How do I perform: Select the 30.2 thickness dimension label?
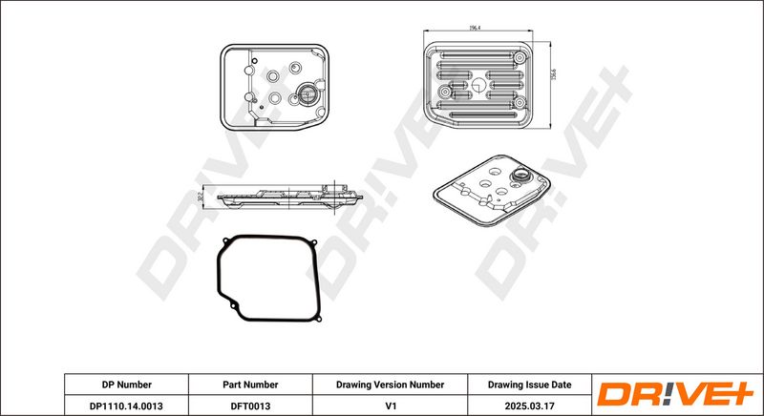(x=199, y=196)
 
